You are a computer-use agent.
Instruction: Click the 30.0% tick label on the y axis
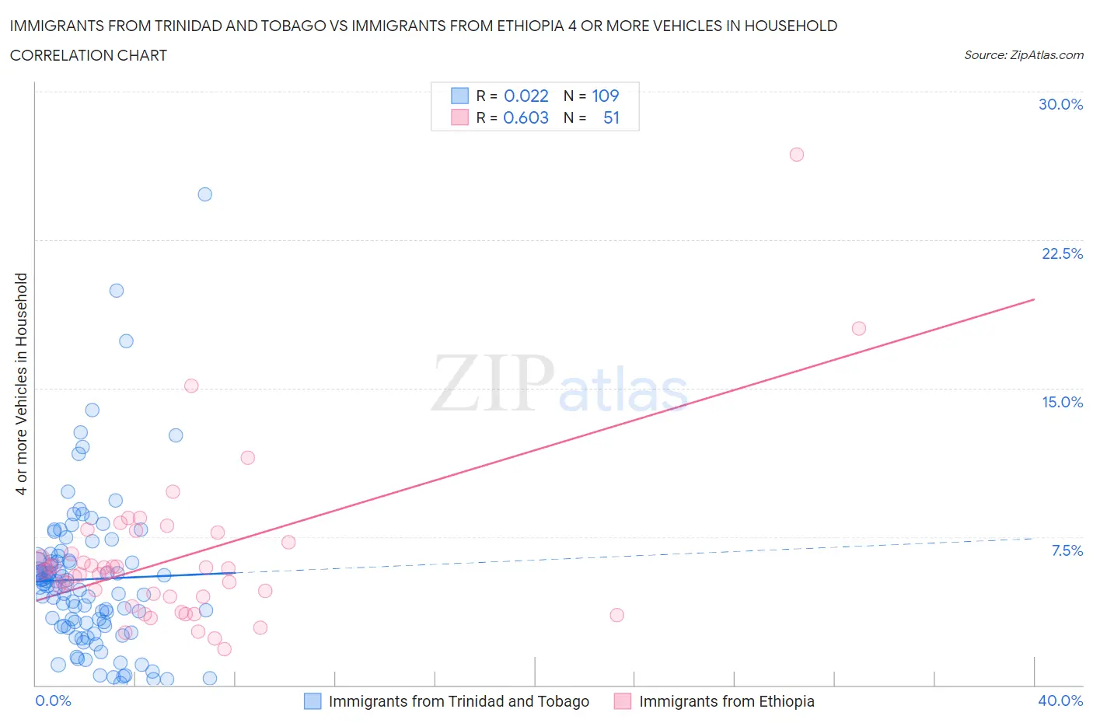tap(1060, 104)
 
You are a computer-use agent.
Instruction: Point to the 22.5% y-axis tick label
tap(1062, 253)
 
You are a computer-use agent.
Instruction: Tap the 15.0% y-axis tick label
tap(1062, 402)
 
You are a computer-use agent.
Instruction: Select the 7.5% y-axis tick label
tap(1067, 550)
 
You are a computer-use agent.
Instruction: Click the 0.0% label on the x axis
tap(53, 700)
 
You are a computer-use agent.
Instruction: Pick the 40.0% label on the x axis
tap(1060, 700)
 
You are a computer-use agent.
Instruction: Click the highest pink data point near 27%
tap(796, 154)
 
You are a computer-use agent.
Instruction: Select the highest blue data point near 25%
tap(204, 194)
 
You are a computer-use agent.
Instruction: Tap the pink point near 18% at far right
tap(858, 328)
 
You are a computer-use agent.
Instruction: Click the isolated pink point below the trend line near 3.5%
tap(616, 615)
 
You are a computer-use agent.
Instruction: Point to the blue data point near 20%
tap(117, 290)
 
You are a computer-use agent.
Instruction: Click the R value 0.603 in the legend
tap(526, 117)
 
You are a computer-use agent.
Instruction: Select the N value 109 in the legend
tap(605, 96)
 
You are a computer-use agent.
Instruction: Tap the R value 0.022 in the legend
tap(526, 96)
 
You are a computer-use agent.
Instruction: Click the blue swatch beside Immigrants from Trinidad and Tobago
tap(312, 701)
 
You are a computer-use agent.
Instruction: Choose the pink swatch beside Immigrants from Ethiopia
tap(622, 701)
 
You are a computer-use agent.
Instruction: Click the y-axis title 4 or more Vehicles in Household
tap(21, 383)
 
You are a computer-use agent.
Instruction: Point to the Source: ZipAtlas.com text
tap(1023, 54)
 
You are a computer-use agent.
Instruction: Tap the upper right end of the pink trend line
tap(1034, 299)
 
